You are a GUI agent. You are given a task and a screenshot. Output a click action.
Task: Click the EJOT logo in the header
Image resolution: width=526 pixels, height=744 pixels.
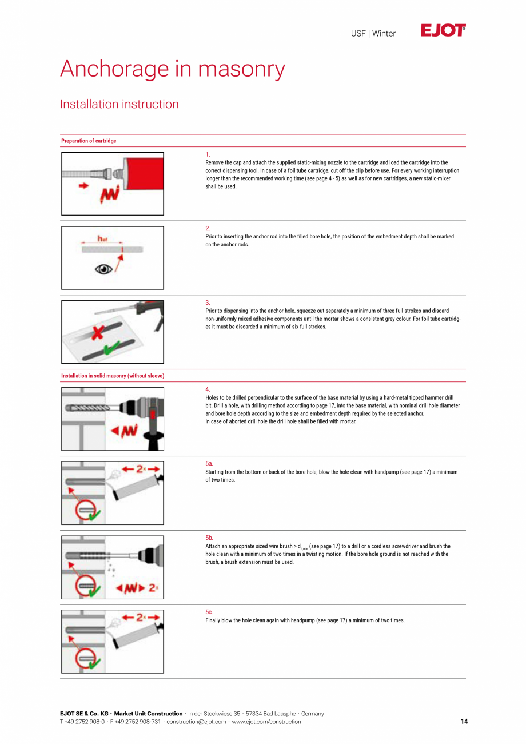pyautogui.click(x=443, y=31)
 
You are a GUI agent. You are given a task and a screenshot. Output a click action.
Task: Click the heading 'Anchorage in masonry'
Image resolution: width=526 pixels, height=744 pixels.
pyautogui.click(x=172, y=69)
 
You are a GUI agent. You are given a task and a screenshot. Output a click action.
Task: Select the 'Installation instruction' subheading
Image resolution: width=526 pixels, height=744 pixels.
pyautogui.click(x=119, y=104)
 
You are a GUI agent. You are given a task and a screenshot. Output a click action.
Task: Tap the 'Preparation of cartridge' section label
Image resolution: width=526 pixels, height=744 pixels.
pyautogui.click(x=89, y=141)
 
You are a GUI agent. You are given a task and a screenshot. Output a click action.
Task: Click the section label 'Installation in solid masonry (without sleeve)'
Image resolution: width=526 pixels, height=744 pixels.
pyautogui.click(x=113, y=376)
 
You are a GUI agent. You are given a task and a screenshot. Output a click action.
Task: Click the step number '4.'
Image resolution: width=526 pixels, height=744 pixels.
pyautogui.click(x=208, y=389)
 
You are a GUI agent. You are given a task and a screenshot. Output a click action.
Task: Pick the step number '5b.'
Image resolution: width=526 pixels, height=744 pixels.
pyautogui.click(x=209, y=538)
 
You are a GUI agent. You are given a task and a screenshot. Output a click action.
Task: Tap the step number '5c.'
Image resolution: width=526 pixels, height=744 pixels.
pyautogui.click(x=209, y=612)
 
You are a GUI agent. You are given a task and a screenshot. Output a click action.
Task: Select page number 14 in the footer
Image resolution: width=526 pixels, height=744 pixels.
pyautogui.click(x=464, y=722)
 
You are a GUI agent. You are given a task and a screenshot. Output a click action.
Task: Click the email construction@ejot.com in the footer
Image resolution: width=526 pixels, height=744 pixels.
pyautogui.click(x=196, y=722)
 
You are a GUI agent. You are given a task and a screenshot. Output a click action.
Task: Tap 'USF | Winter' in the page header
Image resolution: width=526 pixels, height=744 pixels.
pyautogui.click(x=373, y=34)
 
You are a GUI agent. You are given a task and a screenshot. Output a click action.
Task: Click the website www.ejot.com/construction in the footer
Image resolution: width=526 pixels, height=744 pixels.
pyautogui.click(x=266, y=722)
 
